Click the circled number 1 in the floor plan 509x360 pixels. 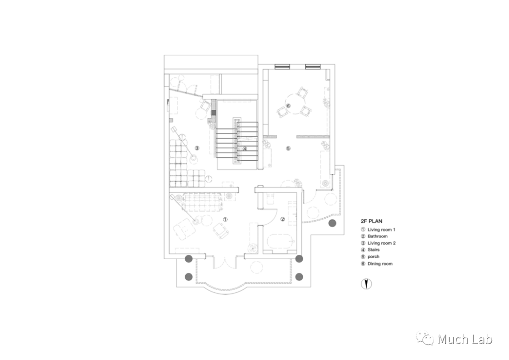[225, 219]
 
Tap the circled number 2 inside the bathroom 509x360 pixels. [283, 219]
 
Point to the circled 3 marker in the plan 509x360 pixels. [197, 148]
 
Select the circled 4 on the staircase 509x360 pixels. [245, 149]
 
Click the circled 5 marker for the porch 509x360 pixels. [288, 148]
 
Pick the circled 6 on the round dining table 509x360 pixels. [288, 106]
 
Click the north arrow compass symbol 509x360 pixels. [366, 284]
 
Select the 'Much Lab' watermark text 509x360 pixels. [465, 339]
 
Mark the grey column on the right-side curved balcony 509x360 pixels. [332, 223]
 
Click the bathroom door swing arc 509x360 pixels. [267, 218]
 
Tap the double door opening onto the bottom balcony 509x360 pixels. [224, 262]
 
